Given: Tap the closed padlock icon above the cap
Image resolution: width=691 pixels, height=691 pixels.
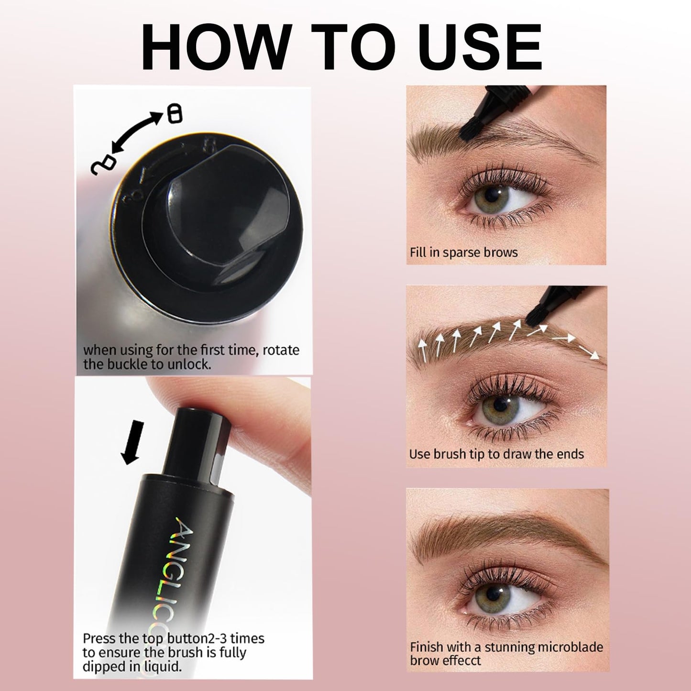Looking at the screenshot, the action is click(x=174, y=114).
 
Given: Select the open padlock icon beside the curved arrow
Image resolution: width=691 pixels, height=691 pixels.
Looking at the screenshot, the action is click(x=103, y=165).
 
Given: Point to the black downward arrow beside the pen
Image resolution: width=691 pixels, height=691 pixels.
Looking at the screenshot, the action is click(x=132, y=443).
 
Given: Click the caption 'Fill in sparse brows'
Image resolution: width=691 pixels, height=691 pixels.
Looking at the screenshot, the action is click(x=464, y=252).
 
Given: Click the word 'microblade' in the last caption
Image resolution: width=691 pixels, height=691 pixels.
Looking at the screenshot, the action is click(x=561, y=647).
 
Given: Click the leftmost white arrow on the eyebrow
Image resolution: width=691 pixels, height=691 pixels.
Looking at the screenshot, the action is click(x=423, y=350).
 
